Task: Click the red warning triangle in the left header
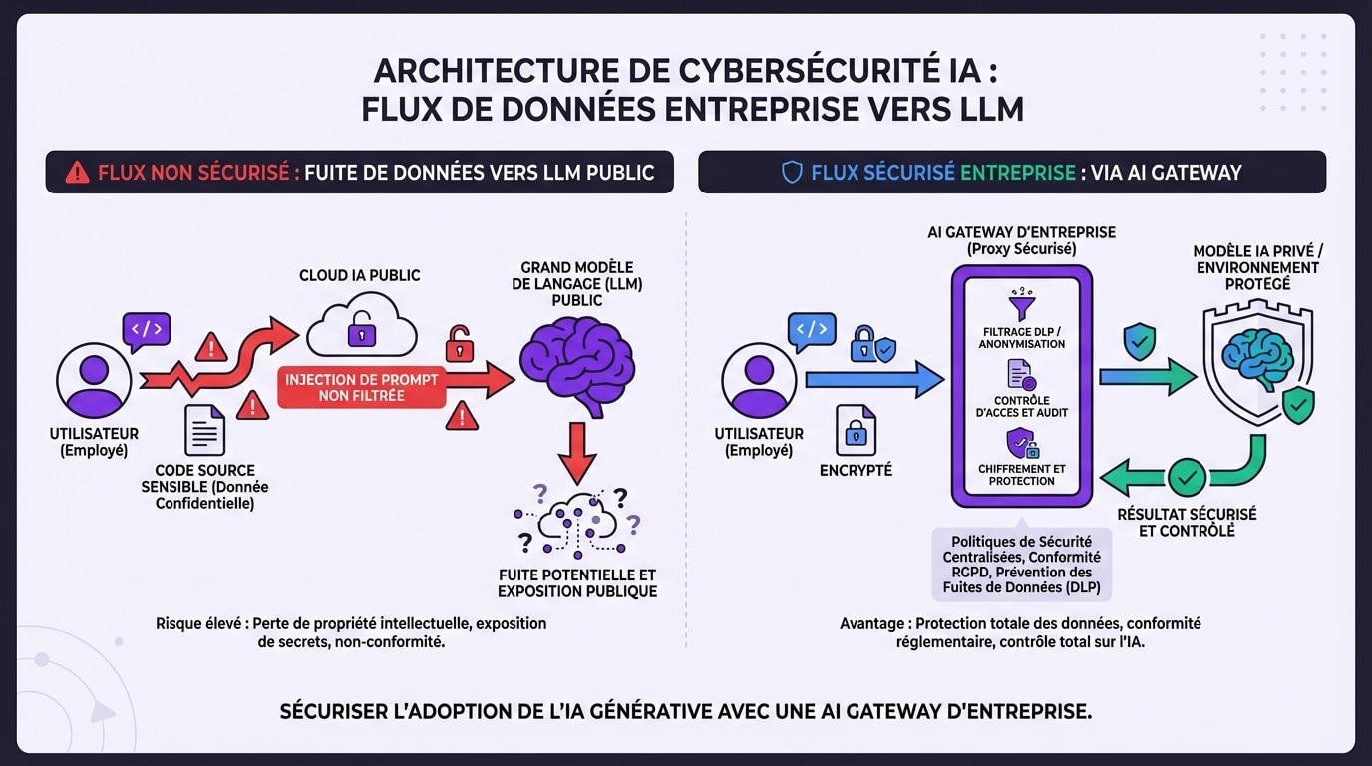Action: (x=77, y=173)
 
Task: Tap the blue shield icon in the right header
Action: (x=792, y=173)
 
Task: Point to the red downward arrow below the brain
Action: (x=576, y=451)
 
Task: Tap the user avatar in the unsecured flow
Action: (x=94, y=380)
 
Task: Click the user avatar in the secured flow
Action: (x=758, y=380)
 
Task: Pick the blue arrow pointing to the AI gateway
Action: (x=871, y=380)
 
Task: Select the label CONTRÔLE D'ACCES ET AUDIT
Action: (x=1022, y=407)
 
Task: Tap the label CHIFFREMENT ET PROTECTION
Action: (x=1022, y=475)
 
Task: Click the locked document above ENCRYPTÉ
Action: (x=856, y=431)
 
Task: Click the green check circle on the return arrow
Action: (x=1187, y=477)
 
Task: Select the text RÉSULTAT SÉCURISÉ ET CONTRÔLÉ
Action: (x=1187, y=523)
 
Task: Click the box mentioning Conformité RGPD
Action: (x=1022, y=565)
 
